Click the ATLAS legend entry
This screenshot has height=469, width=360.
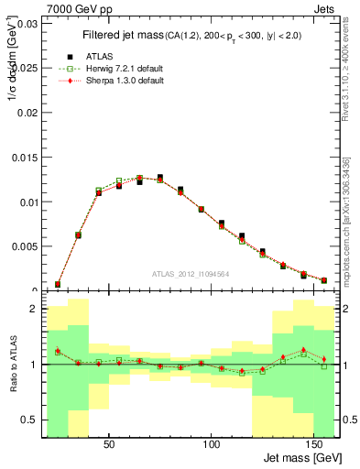point(99,55)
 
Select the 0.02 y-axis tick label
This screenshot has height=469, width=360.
point(27,113)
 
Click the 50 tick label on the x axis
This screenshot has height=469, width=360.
point(109,445)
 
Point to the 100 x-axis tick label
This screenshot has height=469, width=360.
point(212,445)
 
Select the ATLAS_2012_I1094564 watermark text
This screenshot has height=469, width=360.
point(190,273)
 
